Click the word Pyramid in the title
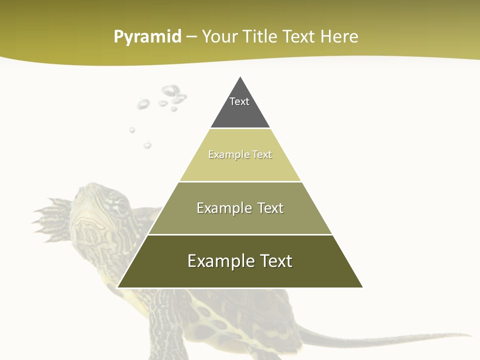click(x=147, y=37)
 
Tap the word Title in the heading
click(x=260, y=37)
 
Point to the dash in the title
click(x=191, y=37)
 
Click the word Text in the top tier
click(x=239, y=101)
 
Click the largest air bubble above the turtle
click(x=171, y=91)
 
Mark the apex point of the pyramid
click(x=240, y=76)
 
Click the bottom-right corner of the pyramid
click(x=362, y=287)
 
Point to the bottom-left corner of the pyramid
click(x=117, y=287)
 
